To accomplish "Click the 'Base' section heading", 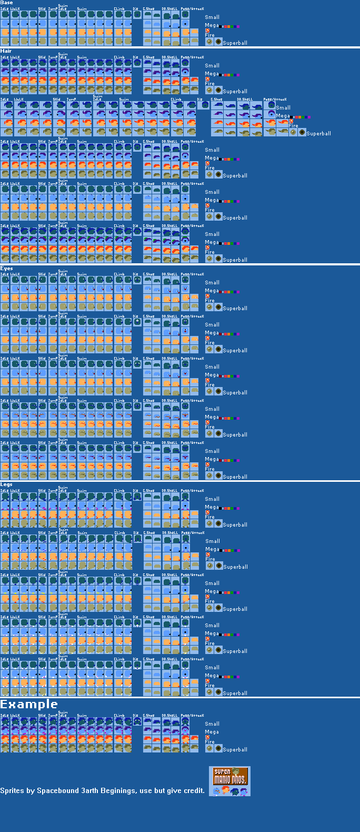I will pyautogui.click(x=6, y=3).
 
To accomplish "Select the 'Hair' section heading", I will pyautogui.click(x=6, y=51).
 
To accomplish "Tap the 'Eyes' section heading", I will pyautogui.click(x=6, y=269).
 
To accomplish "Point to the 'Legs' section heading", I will pyautogui.click(x=6, y=484).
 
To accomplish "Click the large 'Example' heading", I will pyautogui.click(x=29, y=705).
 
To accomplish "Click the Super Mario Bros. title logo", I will pyautogui.click(x=229, y=776).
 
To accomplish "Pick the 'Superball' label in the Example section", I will pyautogui.click(x=235, y=749).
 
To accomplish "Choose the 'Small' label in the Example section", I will pyautogui.click(x=212, y=724).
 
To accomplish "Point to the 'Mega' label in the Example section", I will pyautogui.click(x=212, y=732).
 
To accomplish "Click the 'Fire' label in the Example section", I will pyautogui.click(x=209, y=742).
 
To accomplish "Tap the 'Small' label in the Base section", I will pyautogui.click(x=212, y=17).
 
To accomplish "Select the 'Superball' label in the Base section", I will pyautogui.click(x=235, y=43).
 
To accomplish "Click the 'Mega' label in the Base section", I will pyautogui.click(x=212, y=25).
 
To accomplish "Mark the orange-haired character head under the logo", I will pyautogui.click(x=225, y=790).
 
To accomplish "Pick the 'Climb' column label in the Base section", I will pyautogui.click(x=119, y=9).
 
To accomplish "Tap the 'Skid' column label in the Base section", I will pyautogui.click(x=42, y=9).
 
